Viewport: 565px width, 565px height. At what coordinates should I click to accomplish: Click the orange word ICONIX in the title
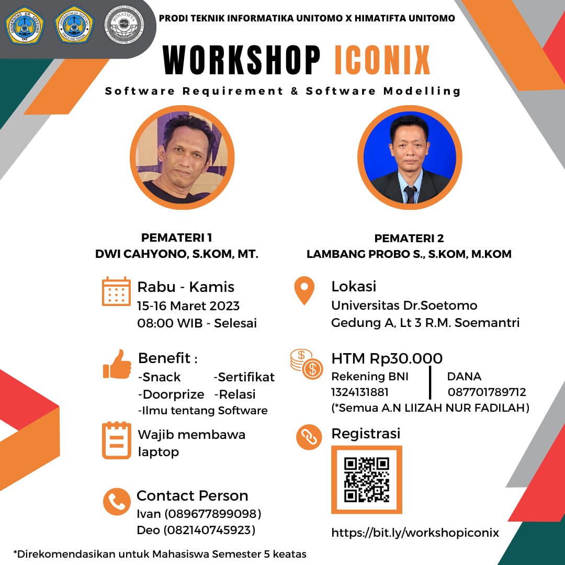pos(382,60)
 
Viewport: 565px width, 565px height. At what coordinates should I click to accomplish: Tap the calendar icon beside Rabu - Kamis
pos(116,291)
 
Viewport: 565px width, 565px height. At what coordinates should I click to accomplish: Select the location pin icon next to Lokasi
pos(304,290)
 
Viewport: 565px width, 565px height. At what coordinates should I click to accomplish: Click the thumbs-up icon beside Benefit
pos(117,364)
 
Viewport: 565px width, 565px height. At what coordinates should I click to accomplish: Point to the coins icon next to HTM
pos(306,364)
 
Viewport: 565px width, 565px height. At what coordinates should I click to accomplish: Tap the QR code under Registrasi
pos(366,480)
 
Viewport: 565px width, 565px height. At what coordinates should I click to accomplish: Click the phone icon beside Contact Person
pos(117,502)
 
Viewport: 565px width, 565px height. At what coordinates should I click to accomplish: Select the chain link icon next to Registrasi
pos(309,437)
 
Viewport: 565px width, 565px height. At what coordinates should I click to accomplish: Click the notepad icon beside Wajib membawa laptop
pos(116,440)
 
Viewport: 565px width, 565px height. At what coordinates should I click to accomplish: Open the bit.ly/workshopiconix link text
pos(415,533)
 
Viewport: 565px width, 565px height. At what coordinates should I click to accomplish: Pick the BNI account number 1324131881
pos(359,392)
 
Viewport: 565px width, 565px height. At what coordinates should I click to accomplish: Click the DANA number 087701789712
pos(487,392)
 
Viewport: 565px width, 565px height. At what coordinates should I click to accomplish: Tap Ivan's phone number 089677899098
pos(212,514)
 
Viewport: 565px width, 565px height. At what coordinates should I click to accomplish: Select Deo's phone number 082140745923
pos(209,530)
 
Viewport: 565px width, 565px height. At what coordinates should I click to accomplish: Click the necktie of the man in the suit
pos(410,195)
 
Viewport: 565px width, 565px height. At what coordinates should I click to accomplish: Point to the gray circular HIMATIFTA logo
pos(123,25)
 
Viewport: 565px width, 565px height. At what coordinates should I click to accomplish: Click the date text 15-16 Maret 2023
pos(188,306)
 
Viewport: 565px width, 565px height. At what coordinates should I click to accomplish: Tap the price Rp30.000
pos(406,358)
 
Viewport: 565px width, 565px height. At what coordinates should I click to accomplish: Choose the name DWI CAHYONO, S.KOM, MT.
pos(177,254)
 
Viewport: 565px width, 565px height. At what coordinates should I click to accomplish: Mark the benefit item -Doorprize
pos(171,394)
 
